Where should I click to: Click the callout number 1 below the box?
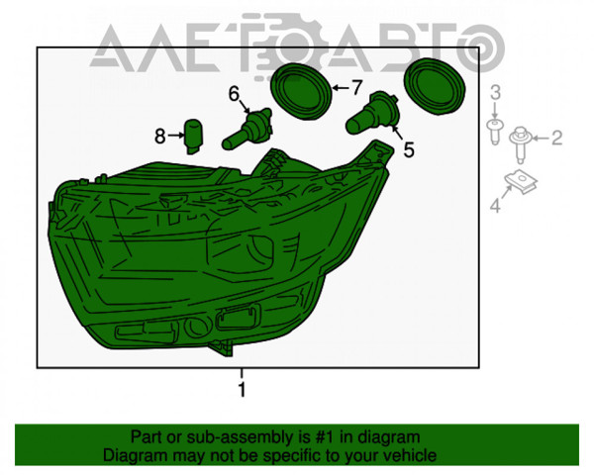click(242, 389)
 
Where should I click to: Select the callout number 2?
click(556, 138)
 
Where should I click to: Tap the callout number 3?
click(496, 93)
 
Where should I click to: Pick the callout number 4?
click(496, 206)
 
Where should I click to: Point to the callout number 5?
click(408, 149)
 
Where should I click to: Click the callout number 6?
click(234, 94)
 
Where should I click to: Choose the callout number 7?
click(356, 88)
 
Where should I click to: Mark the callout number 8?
click(159, 136)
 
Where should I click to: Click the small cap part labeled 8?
click(194, 137)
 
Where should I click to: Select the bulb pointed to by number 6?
click(247, 129)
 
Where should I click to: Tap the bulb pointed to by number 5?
click(372, 113)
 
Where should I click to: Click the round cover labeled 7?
click(301, 91)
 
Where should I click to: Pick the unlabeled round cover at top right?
click(435, 86)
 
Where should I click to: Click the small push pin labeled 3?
click(495, 131)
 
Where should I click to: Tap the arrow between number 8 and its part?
click(176, 136)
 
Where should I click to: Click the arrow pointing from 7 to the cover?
click(341, 88)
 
